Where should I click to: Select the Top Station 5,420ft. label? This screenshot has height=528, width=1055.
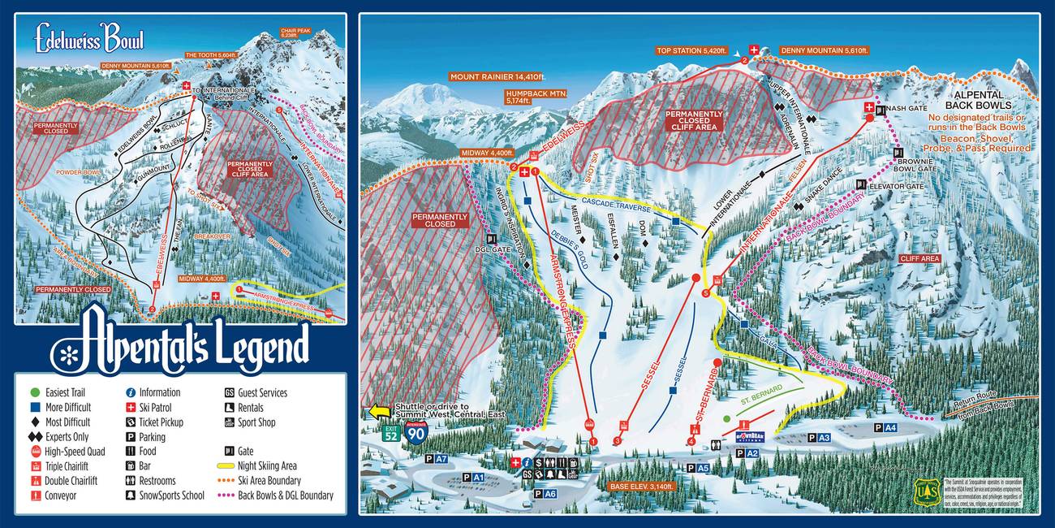(x=694, y=50)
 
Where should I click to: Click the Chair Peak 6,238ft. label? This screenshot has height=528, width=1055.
(x=295, y=32)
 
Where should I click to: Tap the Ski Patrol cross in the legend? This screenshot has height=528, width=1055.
(x=131, y=407)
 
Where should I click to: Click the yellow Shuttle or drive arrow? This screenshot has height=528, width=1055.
(x=378, y=411)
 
